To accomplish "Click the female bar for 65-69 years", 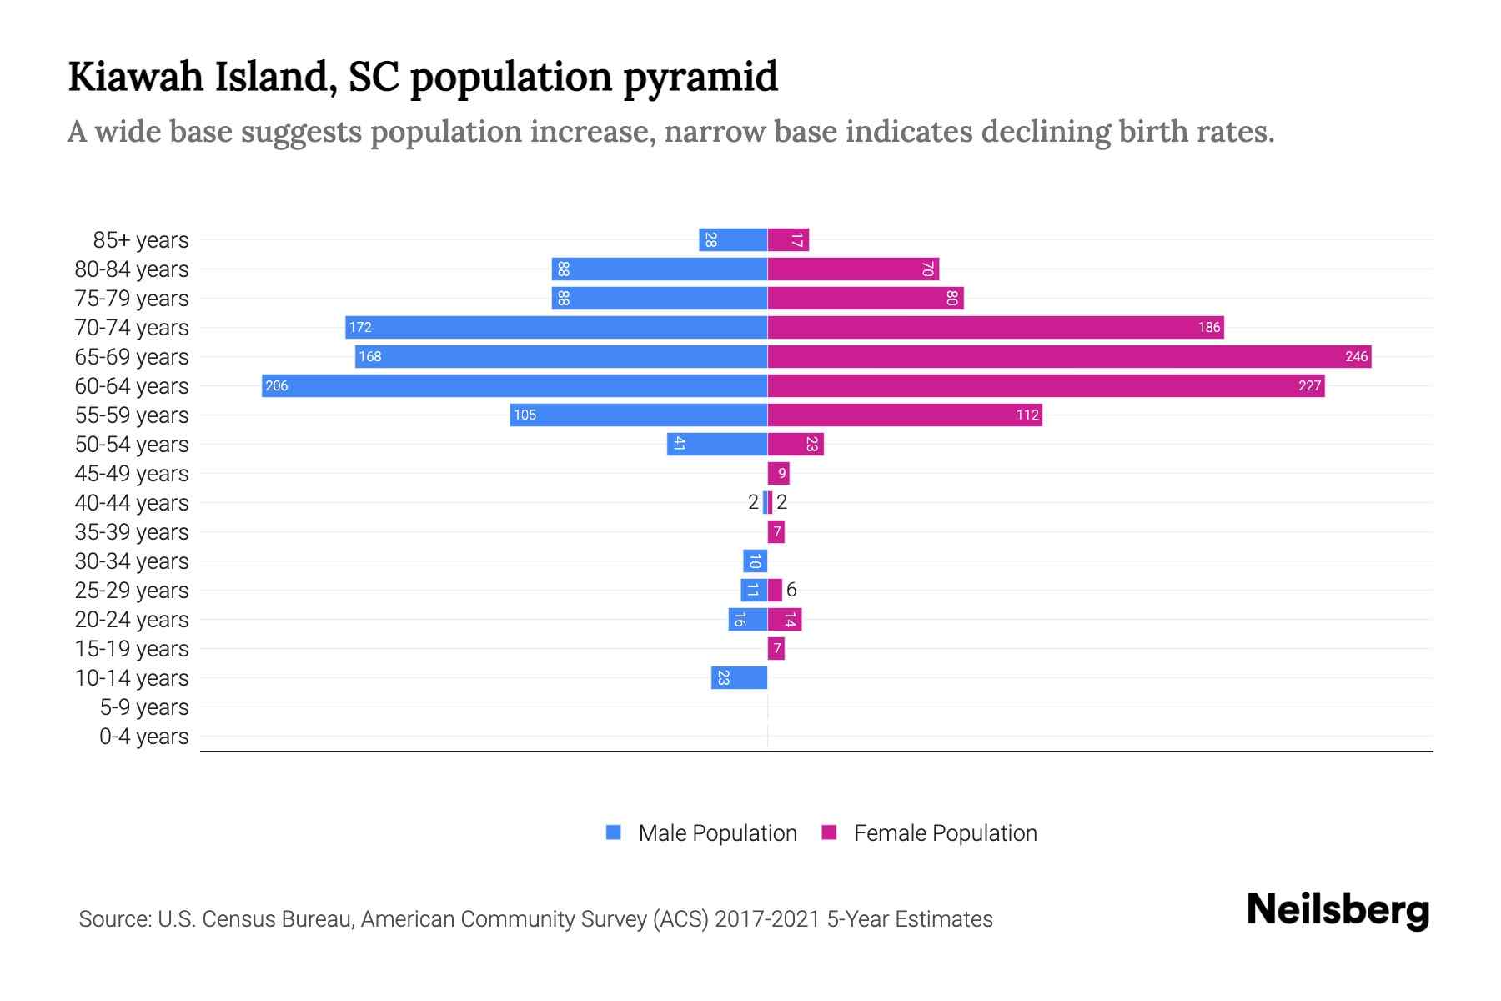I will (1069, 357).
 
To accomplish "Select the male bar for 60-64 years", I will (515, 386).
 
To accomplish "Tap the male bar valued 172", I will (556, 328).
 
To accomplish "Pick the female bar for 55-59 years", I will (905, 415).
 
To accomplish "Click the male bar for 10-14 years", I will (739, 678).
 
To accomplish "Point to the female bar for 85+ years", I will (788, 240).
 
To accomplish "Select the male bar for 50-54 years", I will (717, 445).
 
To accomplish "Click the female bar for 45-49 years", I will (779, 474).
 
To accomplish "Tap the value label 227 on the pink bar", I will (1309, 386).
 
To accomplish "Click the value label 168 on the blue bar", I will (369, 357).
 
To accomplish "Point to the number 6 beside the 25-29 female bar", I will (791, 590).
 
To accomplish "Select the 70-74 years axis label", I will (132, 328).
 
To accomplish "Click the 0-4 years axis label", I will (143, 737).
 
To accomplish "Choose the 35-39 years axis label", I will (132, 532).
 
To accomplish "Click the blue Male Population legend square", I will (614, 832).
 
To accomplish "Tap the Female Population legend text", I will (945, 833).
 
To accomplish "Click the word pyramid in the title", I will (700, 77).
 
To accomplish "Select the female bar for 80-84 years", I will (853, 269).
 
